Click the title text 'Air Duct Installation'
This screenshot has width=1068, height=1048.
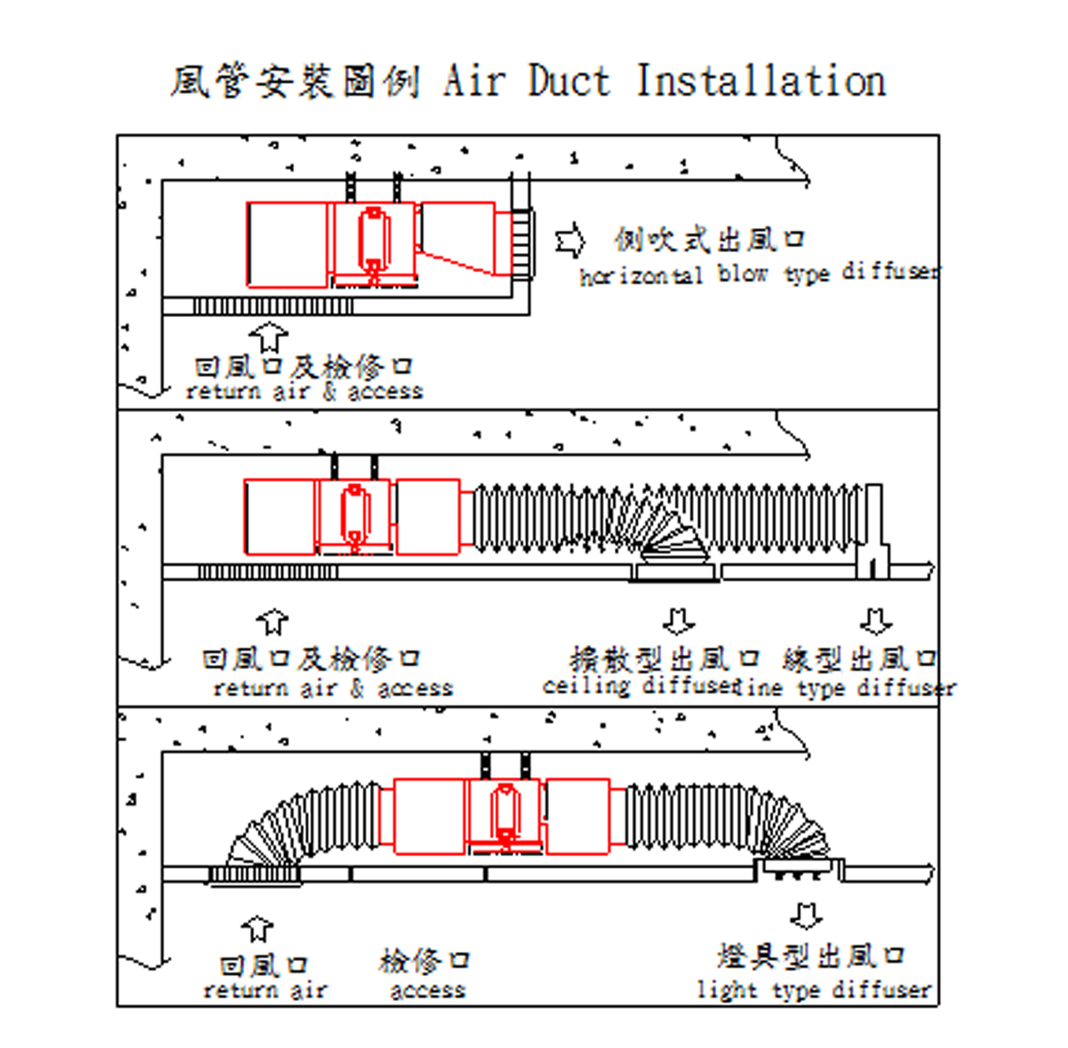pos(664,81)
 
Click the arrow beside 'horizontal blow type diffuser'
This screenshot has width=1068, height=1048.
pos(570,241)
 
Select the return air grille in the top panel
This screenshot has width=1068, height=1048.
pos(273,306)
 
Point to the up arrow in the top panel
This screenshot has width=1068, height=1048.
pos(269,337)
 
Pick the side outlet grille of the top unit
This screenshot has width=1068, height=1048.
pos(521,244)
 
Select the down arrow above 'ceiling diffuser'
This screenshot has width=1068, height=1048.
pos(679,621)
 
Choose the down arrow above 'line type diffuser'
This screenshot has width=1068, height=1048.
pos(876,621)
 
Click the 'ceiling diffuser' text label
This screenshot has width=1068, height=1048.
pos(639,687)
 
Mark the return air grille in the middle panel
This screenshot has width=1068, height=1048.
pos(268,571)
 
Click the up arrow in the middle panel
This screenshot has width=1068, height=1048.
pos(273,622)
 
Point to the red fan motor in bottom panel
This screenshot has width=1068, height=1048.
pos(504,814)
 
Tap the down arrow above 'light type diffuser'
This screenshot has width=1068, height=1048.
pos(806,915)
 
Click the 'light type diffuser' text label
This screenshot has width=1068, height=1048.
pos(814,990)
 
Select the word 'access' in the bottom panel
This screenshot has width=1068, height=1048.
pos(428,991)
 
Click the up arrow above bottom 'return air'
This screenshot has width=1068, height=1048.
pos(258,928)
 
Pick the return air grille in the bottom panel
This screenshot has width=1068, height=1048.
pos(255,875)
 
